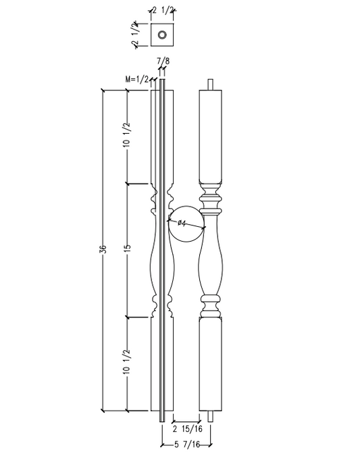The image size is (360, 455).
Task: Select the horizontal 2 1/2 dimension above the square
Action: tap(163, 10)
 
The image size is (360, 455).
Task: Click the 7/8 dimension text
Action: tap(163, 62)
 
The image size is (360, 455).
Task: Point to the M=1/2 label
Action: tap(137, 80)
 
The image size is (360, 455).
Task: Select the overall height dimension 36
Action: tap(103, 250)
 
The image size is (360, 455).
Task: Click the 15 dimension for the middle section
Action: tap(128, 249)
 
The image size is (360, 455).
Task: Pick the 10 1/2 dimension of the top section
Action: tap(128, 138)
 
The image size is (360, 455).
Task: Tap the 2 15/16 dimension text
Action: tap(188, 429)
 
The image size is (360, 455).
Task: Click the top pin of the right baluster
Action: tap(212, 84)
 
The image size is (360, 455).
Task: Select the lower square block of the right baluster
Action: tap(212, 365)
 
